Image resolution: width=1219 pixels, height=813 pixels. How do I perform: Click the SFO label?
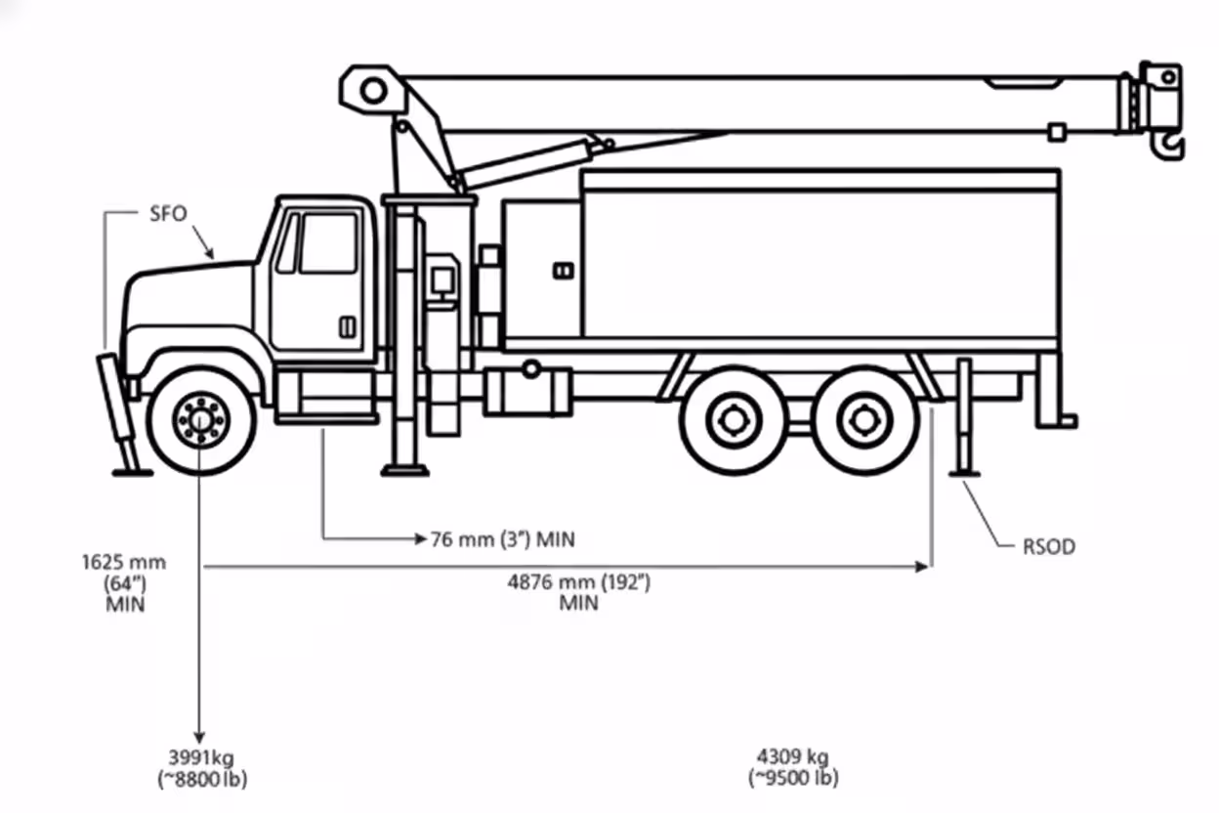tap(167, 214)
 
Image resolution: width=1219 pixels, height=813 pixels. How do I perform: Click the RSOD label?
tap(1048, 546)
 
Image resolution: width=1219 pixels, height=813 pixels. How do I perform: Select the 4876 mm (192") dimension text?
tap(578, 582)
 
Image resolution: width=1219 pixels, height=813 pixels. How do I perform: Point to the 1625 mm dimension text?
tap(124, 563)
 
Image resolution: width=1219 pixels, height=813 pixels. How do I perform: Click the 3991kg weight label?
tap(201, 758)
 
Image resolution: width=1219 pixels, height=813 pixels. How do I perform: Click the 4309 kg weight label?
tap(792, 756)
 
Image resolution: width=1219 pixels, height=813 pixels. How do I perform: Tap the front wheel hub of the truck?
tap(200, 419)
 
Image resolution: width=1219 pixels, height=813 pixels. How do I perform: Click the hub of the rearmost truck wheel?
tap(864, 421)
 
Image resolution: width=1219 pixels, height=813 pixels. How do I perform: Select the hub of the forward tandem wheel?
tap(732, 421)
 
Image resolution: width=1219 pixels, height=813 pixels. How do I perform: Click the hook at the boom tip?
tap(1171, 148)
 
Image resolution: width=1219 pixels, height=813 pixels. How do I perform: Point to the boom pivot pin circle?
tap(372, 91)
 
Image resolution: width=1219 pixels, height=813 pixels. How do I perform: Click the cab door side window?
tap(327, 242)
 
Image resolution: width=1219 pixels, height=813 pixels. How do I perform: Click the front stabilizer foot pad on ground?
tap(132, 473)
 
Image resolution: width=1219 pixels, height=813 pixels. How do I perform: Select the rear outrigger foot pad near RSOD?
tap(964, 474)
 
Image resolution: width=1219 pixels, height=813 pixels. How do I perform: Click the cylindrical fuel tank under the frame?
tap(526, 391)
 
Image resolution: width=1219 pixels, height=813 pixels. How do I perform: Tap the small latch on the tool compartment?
tap(563, 271)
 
